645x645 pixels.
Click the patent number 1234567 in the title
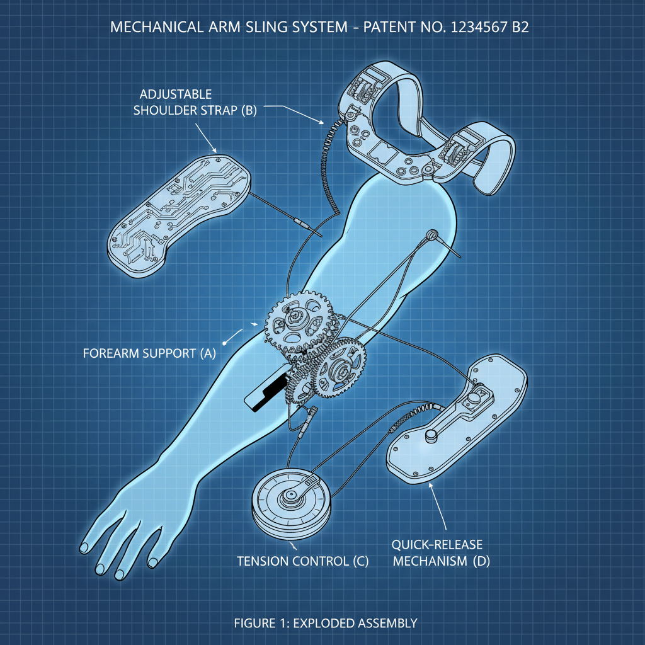pyautogui.click(x=467, y=28)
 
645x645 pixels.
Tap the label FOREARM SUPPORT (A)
pyautogui.click(x=149, y=353)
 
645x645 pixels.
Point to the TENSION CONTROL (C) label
pyautogui.click(x=302, y=560)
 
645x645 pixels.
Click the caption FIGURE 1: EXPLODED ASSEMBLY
pyautogui.click(x=325, y=624)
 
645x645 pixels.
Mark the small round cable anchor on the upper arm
pyautogui.click(x=431, y=235)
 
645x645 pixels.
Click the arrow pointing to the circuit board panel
pyautogui.click(x=208, y=139)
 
